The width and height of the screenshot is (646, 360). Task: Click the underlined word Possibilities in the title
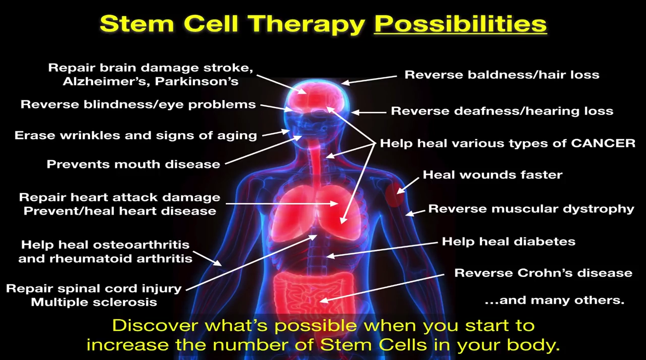click(460, 24)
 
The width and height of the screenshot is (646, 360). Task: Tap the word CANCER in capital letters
click(603, 143)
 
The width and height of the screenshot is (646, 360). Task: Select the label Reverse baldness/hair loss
click(502, 75)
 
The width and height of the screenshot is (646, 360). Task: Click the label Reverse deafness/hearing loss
click(502, 111)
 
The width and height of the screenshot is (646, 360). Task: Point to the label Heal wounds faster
click(493, 175)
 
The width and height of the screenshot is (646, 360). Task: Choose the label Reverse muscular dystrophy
click(531, 209)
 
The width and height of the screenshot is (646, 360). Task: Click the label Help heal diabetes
click(509, 242)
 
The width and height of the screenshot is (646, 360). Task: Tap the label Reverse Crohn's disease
click(543, 273)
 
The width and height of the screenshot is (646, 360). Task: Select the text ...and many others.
click(554, 300)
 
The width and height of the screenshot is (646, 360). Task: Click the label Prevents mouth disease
click(134, 164)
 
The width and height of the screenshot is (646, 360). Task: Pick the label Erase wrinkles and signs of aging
click(136, 136)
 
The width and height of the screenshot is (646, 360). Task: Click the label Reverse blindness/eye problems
click(138, 104)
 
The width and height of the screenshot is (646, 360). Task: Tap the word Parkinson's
click(196, 82)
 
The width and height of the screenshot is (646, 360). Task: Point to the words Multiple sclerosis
click(94, 302)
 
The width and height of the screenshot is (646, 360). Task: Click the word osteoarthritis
click(141, 245)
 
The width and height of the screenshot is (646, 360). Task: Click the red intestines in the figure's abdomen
click(314, 297)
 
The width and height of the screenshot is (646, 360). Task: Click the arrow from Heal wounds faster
click(408, 185)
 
